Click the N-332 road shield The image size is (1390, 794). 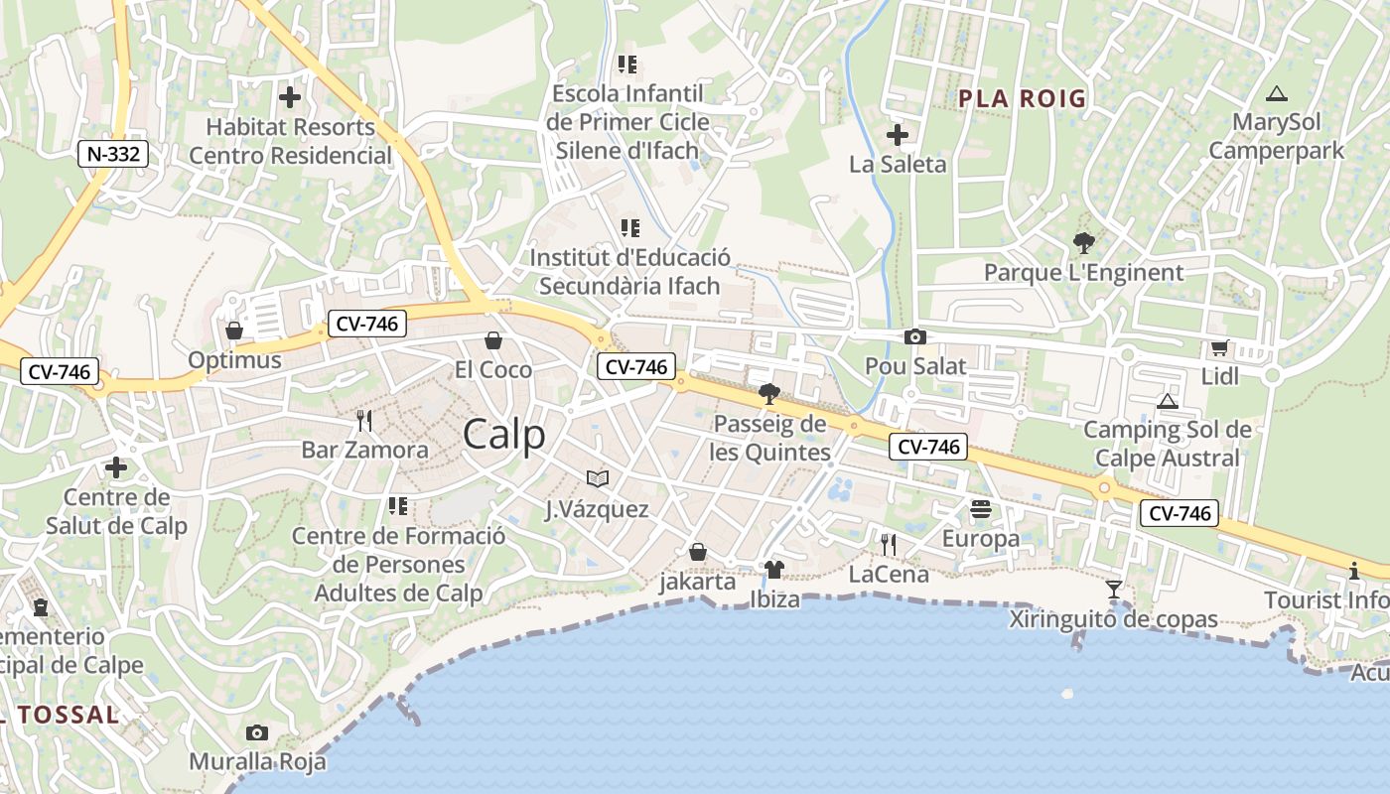click(x=114, y=154)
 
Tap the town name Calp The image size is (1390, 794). click(x=504, y=434)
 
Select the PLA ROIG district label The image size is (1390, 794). click(x=1022, y=98)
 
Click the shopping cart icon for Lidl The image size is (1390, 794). click(x=1219, y=347)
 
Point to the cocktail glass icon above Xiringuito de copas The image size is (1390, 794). click(x=1114, y=590)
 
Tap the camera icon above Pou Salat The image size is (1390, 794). click(x=914, y=337)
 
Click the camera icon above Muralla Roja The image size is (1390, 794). click(x=257, y=733)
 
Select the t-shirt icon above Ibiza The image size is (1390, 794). click(x=773, y=570)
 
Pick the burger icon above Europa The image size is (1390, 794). click(x=981, y=509)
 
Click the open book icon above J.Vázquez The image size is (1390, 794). click(x=597, y=479)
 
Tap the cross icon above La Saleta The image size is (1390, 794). click(x=898, y=135)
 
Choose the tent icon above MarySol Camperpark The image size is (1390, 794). click(x=1277, y=94)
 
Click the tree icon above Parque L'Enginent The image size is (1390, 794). click(x=1083, y=242)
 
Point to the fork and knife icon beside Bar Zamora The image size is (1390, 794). click(x=364, y=421)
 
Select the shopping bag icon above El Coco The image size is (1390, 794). click(x=492, y=341)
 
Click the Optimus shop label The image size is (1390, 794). click(x=235, y=359)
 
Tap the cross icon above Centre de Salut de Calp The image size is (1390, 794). click(x=116, y=467)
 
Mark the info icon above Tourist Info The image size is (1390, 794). click(x=1354, y=571)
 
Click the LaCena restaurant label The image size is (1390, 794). click(x=889, y=574)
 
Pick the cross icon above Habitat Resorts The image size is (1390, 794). click(x=289, y=97)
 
